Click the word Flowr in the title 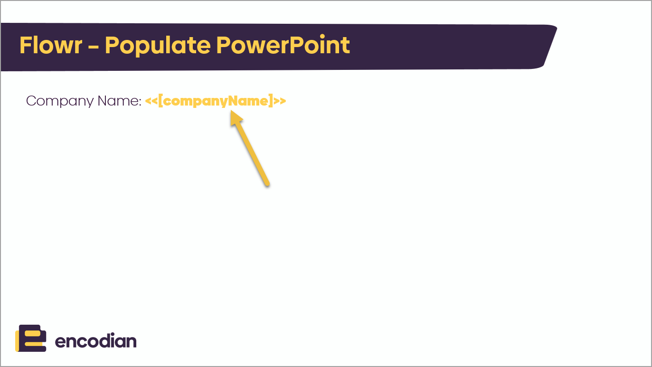pos(51,45)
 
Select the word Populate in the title pos(158,46)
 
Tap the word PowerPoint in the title pos(283,45)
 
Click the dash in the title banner pos(94,47)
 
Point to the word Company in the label pos(60,101)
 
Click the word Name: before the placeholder pos(119,101)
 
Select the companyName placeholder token pos(216,101)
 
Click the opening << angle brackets pos(151,101)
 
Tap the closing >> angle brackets pos(280,101)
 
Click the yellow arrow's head pos(235,117)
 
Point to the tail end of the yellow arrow pos(267,184)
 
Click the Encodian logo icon pos(30,338)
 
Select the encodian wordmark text pos(95,341)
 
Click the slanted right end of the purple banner pos(549,47)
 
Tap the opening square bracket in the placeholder pos(161,101)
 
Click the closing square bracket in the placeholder pos(271,101)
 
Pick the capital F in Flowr pos(25,45)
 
